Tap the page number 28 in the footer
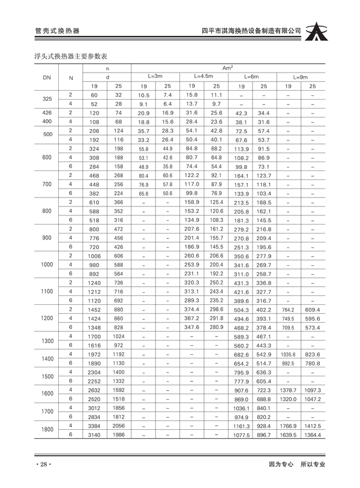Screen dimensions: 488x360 coord(44,464)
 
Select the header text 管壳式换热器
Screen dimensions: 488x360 coord(58,31)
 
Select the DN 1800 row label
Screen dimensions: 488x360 coord(47,429)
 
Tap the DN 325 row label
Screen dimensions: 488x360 coord(47,99)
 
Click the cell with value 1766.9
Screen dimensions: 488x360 coord(288,426)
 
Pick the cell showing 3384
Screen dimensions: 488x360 coord(94,425)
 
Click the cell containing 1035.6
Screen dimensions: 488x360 coord(288,355)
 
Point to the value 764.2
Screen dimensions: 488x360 coord(288,310)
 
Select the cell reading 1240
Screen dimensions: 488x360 coord(94,283)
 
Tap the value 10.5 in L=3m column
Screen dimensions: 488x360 coord(143,95)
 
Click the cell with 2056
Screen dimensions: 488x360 coord(118,425)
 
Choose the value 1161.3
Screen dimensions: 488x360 coord(241,426)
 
